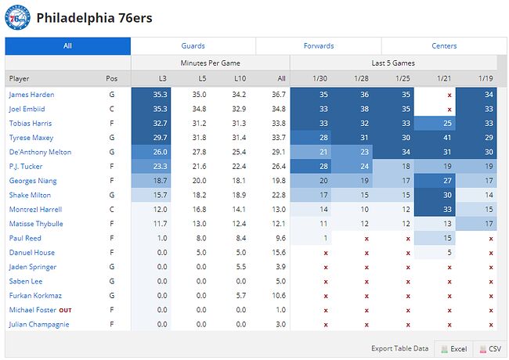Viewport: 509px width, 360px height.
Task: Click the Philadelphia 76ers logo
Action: point(17,17)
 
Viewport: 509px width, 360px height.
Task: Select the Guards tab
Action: point(193,46)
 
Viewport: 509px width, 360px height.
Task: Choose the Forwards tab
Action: point(319,46)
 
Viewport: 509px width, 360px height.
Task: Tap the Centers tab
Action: point(444,46)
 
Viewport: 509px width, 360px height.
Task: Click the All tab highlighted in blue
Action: point(67,46)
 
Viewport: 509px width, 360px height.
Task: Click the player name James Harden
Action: point(31,95)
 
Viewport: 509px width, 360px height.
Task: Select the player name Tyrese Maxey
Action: point(31,138)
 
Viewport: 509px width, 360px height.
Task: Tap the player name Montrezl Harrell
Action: point(34,210)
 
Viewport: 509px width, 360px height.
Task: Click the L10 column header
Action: point(241,78)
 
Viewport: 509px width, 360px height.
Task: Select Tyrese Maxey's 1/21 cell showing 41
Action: point(448,138)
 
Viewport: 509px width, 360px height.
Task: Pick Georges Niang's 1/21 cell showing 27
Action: point(448,181)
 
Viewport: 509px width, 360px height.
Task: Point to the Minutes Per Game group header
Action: point(210,63)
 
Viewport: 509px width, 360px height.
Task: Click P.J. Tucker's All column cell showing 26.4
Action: point(276,167)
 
